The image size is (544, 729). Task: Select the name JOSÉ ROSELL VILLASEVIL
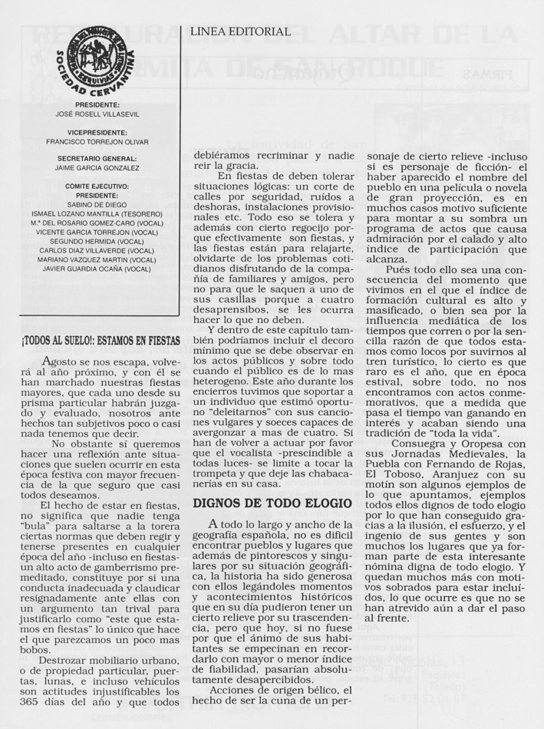coord(97,114)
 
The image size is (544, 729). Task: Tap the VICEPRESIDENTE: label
coord(97,132)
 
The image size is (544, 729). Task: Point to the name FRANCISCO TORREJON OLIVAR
coord(97,142)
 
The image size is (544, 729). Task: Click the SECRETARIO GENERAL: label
coord(97,158)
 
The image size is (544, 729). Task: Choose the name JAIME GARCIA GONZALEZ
coord(97,168)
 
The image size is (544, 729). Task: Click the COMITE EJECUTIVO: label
coord(97,186)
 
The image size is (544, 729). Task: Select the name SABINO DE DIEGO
coord(97,204)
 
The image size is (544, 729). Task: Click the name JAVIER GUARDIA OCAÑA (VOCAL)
coord(97,269)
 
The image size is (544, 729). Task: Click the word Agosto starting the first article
coord(63,361)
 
